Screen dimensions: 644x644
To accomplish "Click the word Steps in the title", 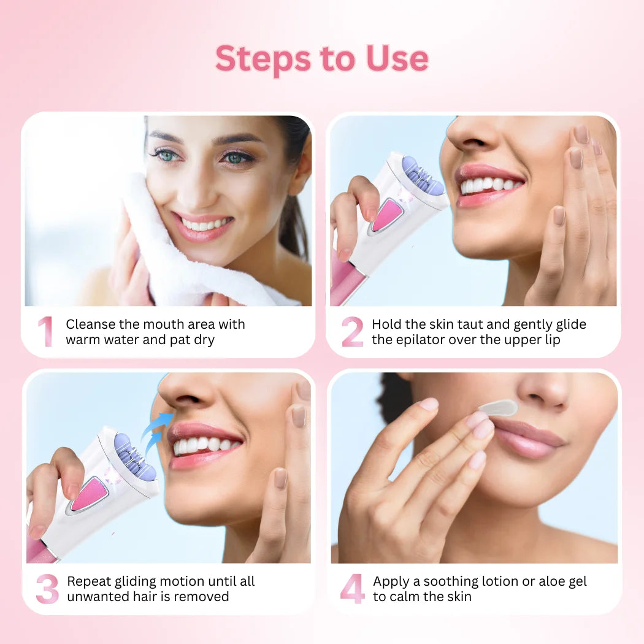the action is coord(263,59).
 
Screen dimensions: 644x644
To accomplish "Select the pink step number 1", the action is coord(46,331).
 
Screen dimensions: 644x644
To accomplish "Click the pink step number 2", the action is coord(353,331).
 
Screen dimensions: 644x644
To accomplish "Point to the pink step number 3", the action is coord(47,589).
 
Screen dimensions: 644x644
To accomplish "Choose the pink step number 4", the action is coord(353,589).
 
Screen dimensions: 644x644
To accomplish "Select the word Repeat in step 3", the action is coord(89,581).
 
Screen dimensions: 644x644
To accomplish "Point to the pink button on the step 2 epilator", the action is coord(386,215).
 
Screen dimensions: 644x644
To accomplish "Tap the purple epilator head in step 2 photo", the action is coord(422,175).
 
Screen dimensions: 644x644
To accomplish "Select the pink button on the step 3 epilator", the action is coord(88,494).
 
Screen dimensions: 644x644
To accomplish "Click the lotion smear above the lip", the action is coord(499,408).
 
